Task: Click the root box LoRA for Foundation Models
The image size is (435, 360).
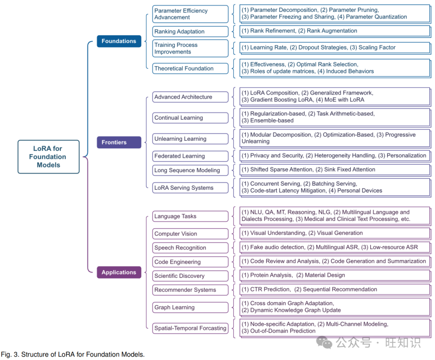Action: pos(48,157)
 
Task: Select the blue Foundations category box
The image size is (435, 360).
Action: pos(119,41)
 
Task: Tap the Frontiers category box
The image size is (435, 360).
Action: pos(119,142)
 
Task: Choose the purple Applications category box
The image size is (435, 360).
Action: pos(119,273)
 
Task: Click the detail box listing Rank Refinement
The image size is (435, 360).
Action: pos(334,31)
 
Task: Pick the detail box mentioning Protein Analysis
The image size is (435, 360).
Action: pos(334,275)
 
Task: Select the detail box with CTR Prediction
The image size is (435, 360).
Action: pos(334,289)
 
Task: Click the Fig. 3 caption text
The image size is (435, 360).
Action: pos(72,355)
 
